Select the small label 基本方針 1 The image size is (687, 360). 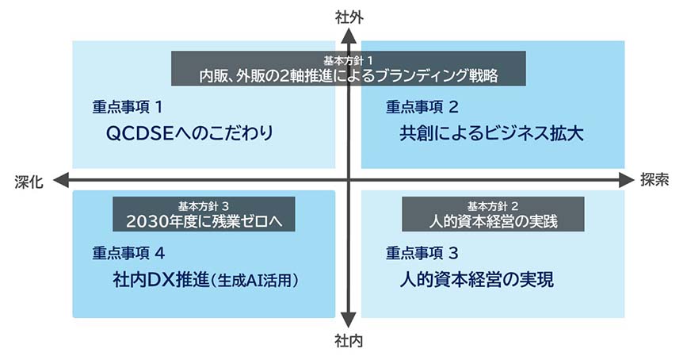click(x=349, y=60)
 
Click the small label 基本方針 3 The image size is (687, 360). click(x=203, y=205)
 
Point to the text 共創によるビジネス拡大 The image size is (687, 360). click(x=491, y=132)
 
